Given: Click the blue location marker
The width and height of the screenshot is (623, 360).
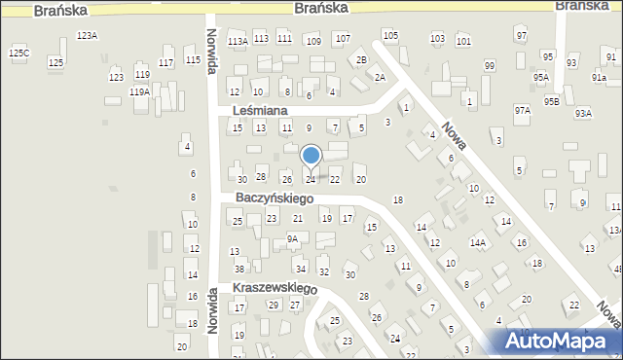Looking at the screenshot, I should click(x=311, y=156).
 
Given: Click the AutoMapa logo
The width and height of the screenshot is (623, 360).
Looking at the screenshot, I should click(x=555, y=341).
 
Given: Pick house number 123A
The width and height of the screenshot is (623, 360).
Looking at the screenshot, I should click(x=87, y=35).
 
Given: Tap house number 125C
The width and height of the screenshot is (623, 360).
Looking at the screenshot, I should click(x=18, y=53).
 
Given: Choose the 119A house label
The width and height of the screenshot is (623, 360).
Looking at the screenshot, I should click(x=139, y=91).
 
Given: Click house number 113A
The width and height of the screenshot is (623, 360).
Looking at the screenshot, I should click(x=237, y=41).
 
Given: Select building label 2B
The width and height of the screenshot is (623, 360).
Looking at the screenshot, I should click(x=361, y=60).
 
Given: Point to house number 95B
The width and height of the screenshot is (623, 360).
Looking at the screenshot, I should click(x=552, y=101).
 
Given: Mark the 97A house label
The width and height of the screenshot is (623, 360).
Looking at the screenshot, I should click(x=523, y=111).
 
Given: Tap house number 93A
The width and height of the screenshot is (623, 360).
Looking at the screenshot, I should click(x=583, y=113).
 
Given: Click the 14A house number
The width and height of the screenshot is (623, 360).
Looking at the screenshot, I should click(x=478, y=243).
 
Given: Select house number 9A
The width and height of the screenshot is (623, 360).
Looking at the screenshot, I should click(x=292, y=238).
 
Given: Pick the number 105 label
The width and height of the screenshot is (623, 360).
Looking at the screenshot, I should click(x=390, y=36).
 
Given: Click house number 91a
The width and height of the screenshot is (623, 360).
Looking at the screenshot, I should click(x=600, y=77).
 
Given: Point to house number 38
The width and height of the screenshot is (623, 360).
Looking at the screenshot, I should click(x=239, y=269).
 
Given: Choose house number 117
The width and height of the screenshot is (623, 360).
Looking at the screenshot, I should click(x=165, y=62).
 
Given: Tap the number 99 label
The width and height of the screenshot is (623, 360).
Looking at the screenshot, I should click(x=489, y=66).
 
